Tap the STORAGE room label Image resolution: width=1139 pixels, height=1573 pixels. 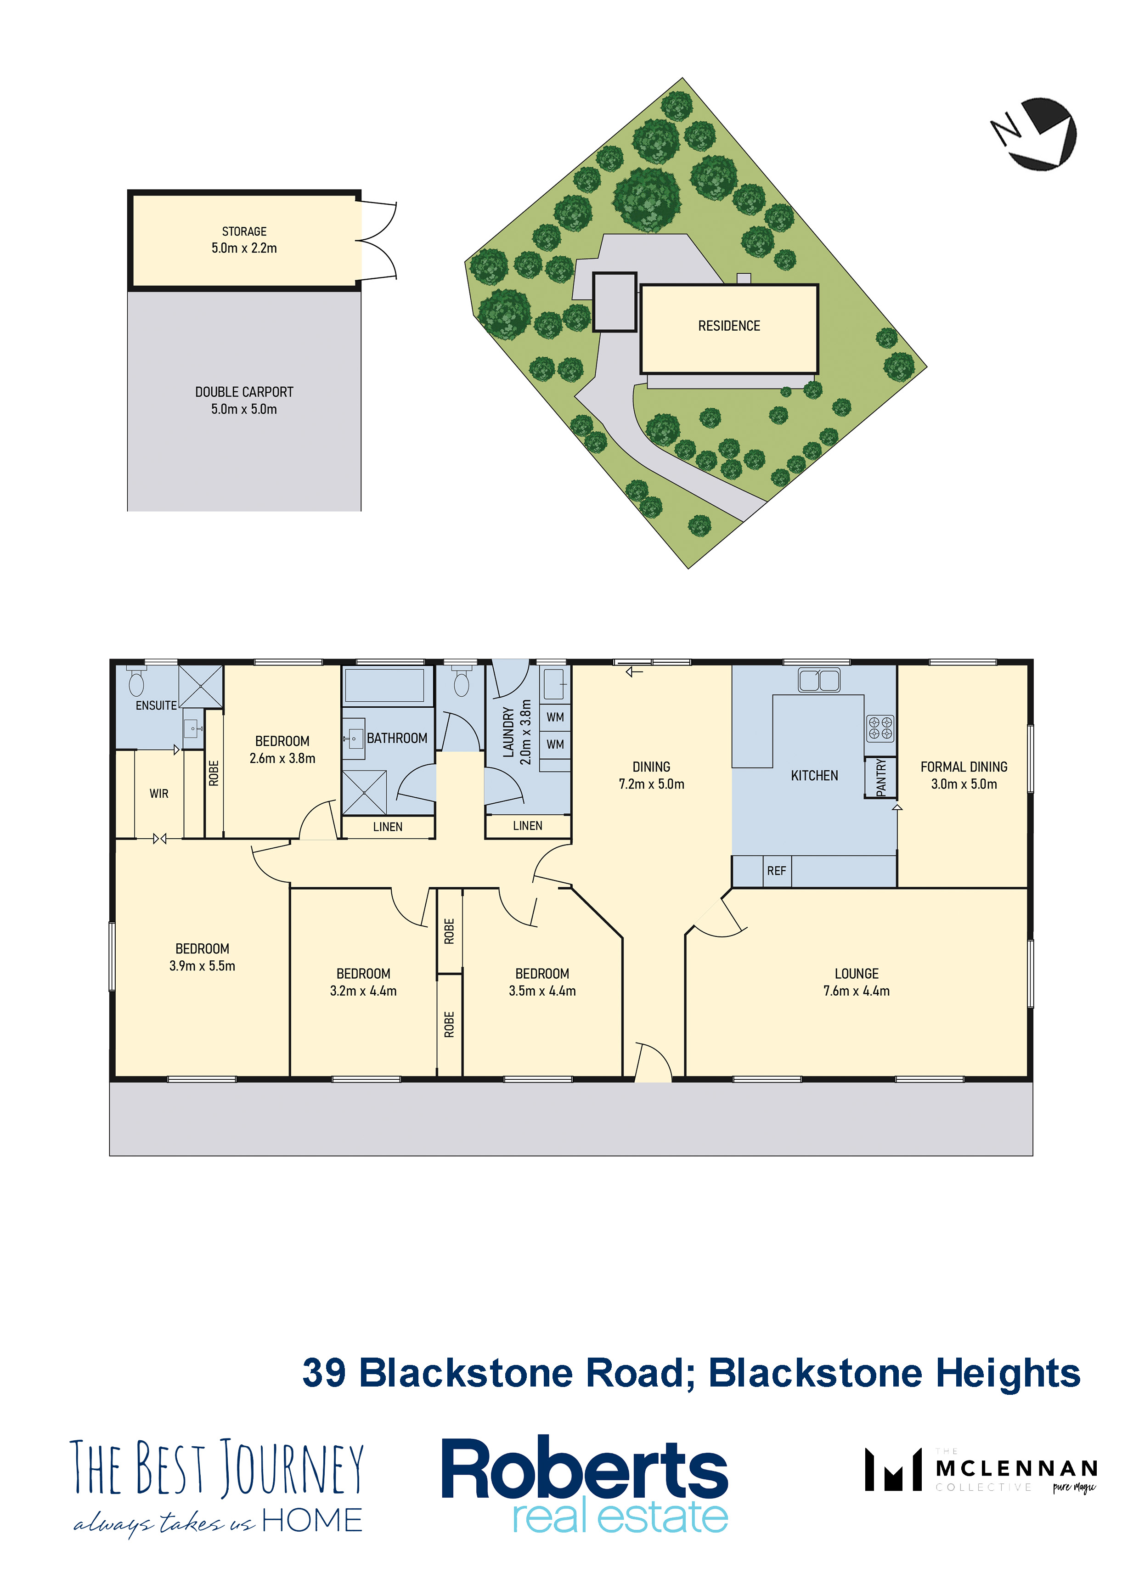[x=244, y=231]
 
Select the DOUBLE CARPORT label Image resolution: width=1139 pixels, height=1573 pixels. [x=244, y=392]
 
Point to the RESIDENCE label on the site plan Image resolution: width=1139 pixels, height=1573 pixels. [x=729, y=326]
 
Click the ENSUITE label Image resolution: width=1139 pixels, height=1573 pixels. [x=156, y=705]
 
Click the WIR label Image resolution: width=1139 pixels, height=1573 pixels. [x=159, y=794]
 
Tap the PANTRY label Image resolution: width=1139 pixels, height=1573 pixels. [x=881, y=777]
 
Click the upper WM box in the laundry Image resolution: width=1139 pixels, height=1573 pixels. [x=555, y=717]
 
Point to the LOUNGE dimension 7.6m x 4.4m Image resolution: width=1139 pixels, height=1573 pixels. [x=857, y=991]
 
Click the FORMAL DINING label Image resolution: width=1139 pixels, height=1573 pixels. [x=964, y=767]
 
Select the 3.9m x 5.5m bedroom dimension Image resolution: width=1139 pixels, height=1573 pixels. [x=203, y=966]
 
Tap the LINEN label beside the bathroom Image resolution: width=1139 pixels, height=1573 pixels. [x=388, y=827]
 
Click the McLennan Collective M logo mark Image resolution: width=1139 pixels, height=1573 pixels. [x=893, y=1469]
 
